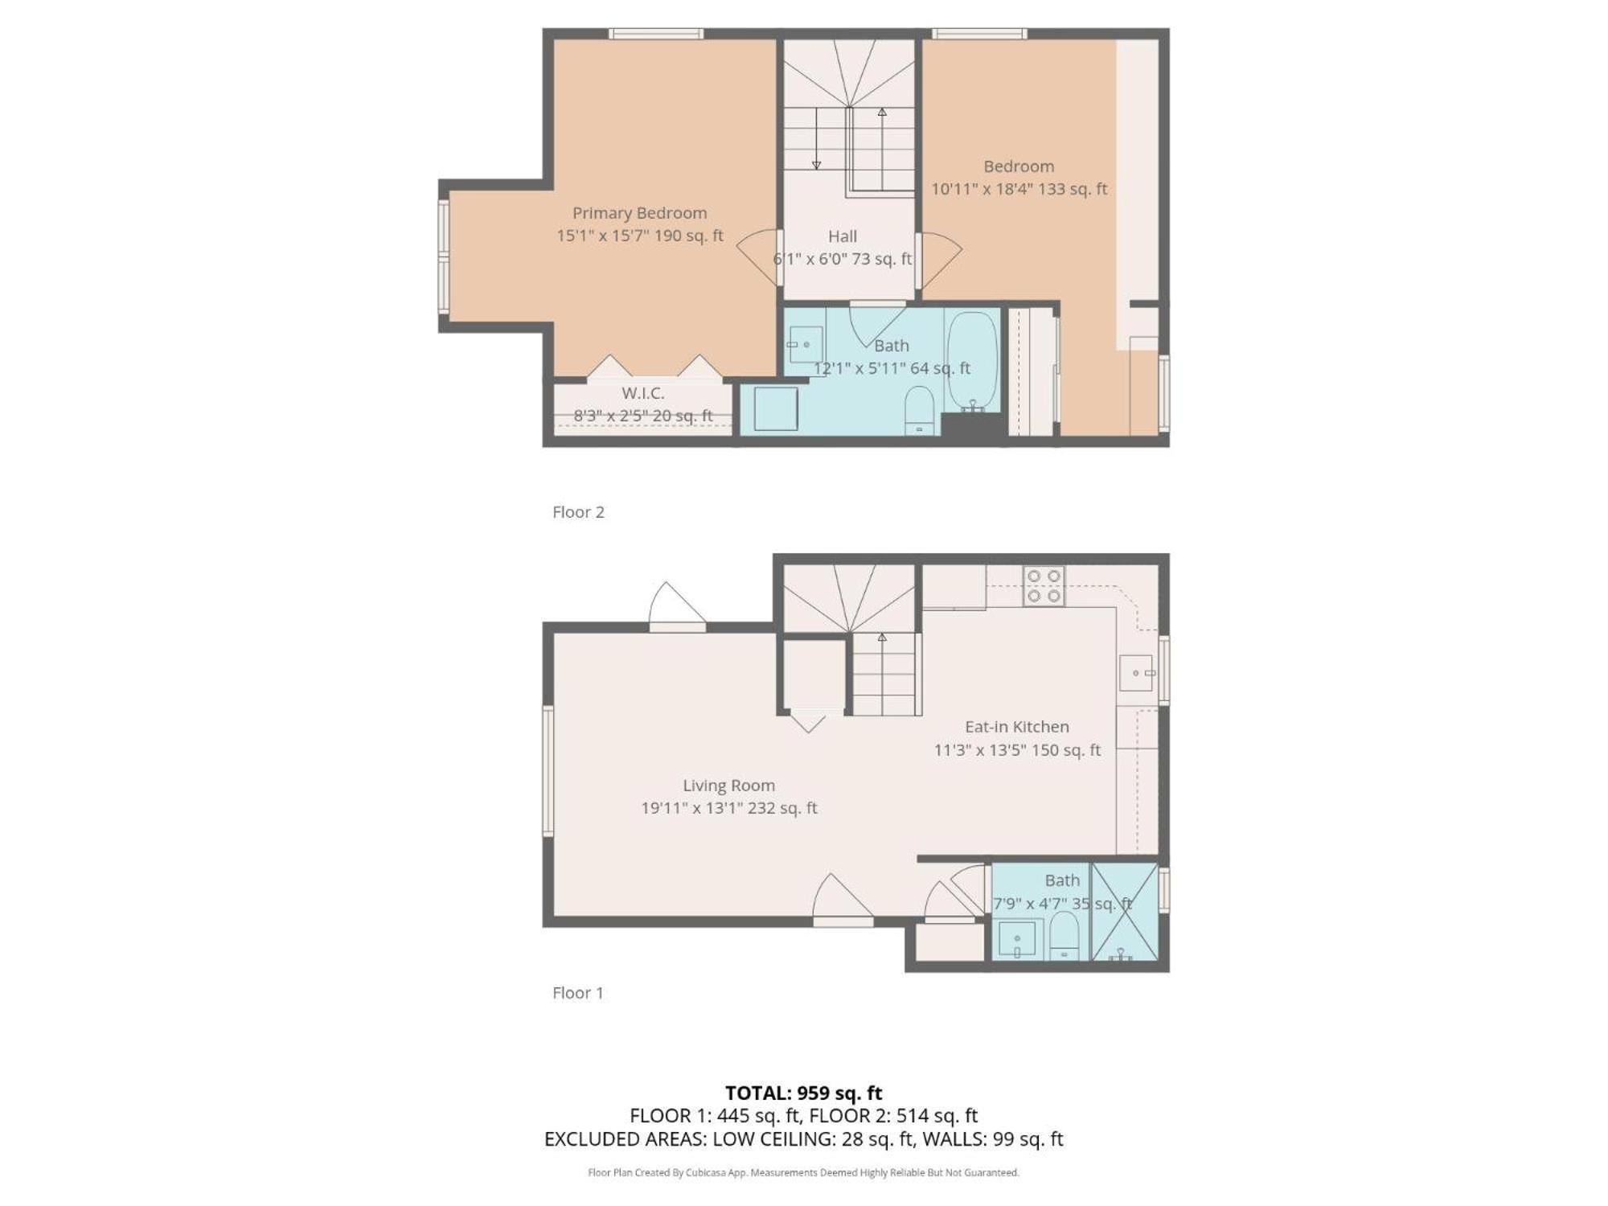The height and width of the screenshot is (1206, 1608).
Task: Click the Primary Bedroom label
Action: (639, 213)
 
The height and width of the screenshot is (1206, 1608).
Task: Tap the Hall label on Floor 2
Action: (843, 236)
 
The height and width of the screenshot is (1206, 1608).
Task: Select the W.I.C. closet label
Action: (643, 393)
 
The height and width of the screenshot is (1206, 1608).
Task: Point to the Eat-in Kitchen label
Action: (1017, 727)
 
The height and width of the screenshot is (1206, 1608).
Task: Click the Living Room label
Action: (729, 786)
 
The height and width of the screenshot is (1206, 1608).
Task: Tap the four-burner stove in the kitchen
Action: (1044, 586)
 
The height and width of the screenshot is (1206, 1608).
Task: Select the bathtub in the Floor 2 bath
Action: (972, 363)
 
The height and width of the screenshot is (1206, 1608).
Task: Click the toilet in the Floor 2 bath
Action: (919, 410)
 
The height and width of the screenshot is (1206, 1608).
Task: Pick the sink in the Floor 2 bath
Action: (805, 345)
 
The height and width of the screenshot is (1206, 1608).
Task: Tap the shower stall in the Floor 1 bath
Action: (1124, 912)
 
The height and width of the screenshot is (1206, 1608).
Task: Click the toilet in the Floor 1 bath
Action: (1064, 936)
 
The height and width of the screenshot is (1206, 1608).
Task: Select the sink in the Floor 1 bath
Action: (1017, 939)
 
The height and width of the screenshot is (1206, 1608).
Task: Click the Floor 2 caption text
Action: (578, 512)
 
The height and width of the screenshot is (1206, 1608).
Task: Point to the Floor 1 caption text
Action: (578, 993)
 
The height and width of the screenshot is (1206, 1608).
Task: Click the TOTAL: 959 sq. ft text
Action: (804, 1093)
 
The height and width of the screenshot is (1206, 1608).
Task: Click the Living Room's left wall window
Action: (548, 771)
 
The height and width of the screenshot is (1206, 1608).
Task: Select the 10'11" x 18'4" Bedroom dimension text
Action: (1019, 189)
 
